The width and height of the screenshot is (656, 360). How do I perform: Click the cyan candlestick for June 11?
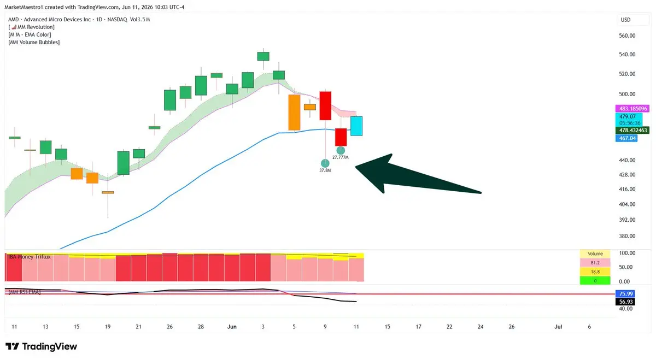tap(356, 126)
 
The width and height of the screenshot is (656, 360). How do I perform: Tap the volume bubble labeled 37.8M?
tap(325, 163)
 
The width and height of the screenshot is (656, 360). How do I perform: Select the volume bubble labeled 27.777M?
tap(341, 150)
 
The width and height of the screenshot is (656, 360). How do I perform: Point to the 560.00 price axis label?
tap(627, 36)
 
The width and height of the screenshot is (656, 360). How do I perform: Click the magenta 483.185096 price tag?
tap(632, 109)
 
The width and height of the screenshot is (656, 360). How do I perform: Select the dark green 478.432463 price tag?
tap(632, 130)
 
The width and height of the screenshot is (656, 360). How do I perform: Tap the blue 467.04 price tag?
tap(626, 138)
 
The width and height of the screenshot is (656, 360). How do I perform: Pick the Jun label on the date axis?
tap(232, 327)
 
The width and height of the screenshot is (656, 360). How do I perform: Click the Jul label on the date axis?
tap(558, 327)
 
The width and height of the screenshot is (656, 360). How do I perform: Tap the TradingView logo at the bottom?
tap(42, 346)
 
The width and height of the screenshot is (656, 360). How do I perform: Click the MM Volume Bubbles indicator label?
tap(34, 42)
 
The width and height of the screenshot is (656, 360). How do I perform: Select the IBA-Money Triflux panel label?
tap(30, 257)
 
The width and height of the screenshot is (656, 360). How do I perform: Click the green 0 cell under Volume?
tap(595, 281)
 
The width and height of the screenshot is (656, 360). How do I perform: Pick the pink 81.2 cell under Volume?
tap(595, 263)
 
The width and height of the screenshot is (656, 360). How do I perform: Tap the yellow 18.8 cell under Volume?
tap(595, 272)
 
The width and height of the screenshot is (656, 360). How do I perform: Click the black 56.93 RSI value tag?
tap(625, 302)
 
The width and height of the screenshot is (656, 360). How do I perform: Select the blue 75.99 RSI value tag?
tap(625, 293)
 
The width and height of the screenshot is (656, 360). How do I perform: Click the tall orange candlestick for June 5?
tap(294, 113)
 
